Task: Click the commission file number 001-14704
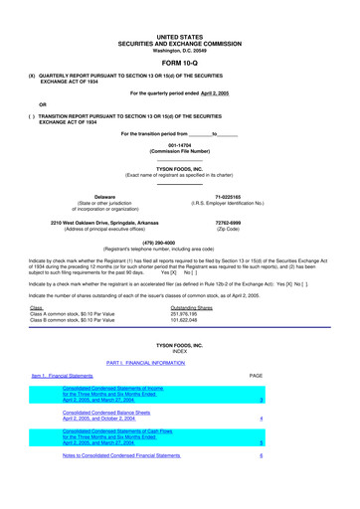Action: (179, 142)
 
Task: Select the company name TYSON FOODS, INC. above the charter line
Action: (179, 169)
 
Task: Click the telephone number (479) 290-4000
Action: (179, 241)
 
